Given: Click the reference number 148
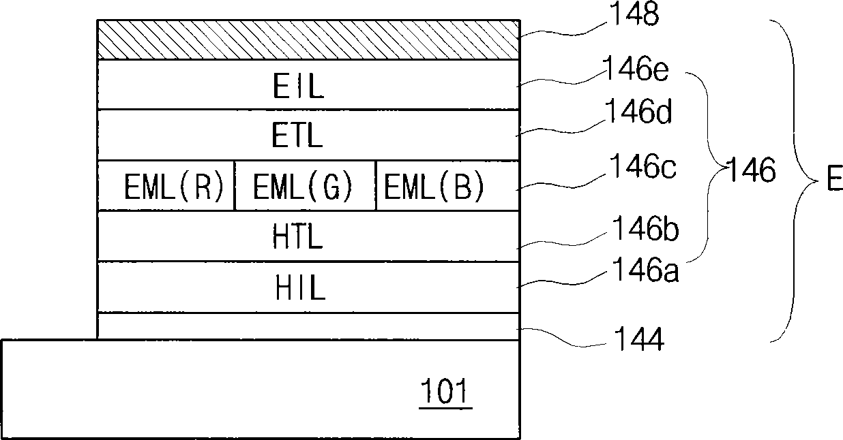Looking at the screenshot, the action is (634, 14).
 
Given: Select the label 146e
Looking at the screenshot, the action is (636, 68).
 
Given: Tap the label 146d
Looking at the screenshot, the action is (638, 110).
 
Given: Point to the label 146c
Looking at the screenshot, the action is (643, 166).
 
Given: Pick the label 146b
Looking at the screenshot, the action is (646, 228).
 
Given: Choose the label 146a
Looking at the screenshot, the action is (646, 270).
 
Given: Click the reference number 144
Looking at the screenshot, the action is (639, 339).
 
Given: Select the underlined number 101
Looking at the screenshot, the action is (445, 393).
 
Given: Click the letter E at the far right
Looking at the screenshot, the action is (835, 178).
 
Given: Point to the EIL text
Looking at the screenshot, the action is (299, 86).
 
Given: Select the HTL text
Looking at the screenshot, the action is (297, 236).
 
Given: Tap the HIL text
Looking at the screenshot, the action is (300, 287).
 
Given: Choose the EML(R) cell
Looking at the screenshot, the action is (166, 186).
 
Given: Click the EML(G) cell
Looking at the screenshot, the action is (305, 186).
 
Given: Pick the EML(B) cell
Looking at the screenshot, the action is (448, 186).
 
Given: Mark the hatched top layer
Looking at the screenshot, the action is (308, 40).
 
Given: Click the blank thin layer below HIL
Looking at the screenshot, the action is (308, 326).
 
